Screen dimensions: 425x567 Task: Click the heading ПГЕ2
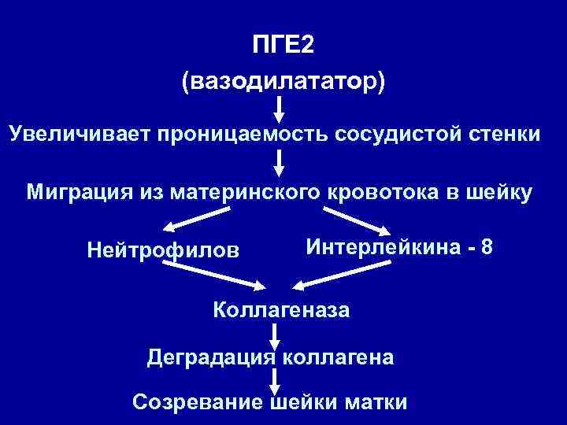tap(283, 46)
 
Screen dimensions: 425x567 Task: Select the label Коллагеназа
tap(281, 309)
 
